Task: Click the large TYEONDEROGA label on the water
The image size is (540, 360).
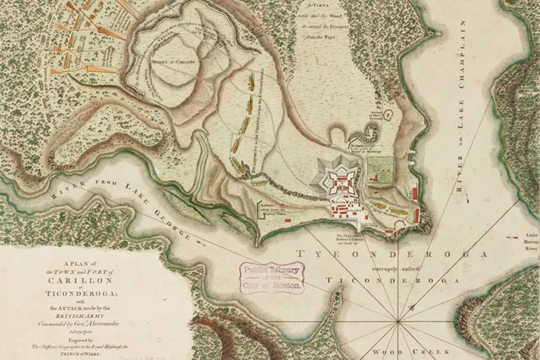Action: (391, 254)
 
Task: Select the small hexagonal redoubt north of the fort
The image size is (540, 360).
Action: (388, 111)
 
